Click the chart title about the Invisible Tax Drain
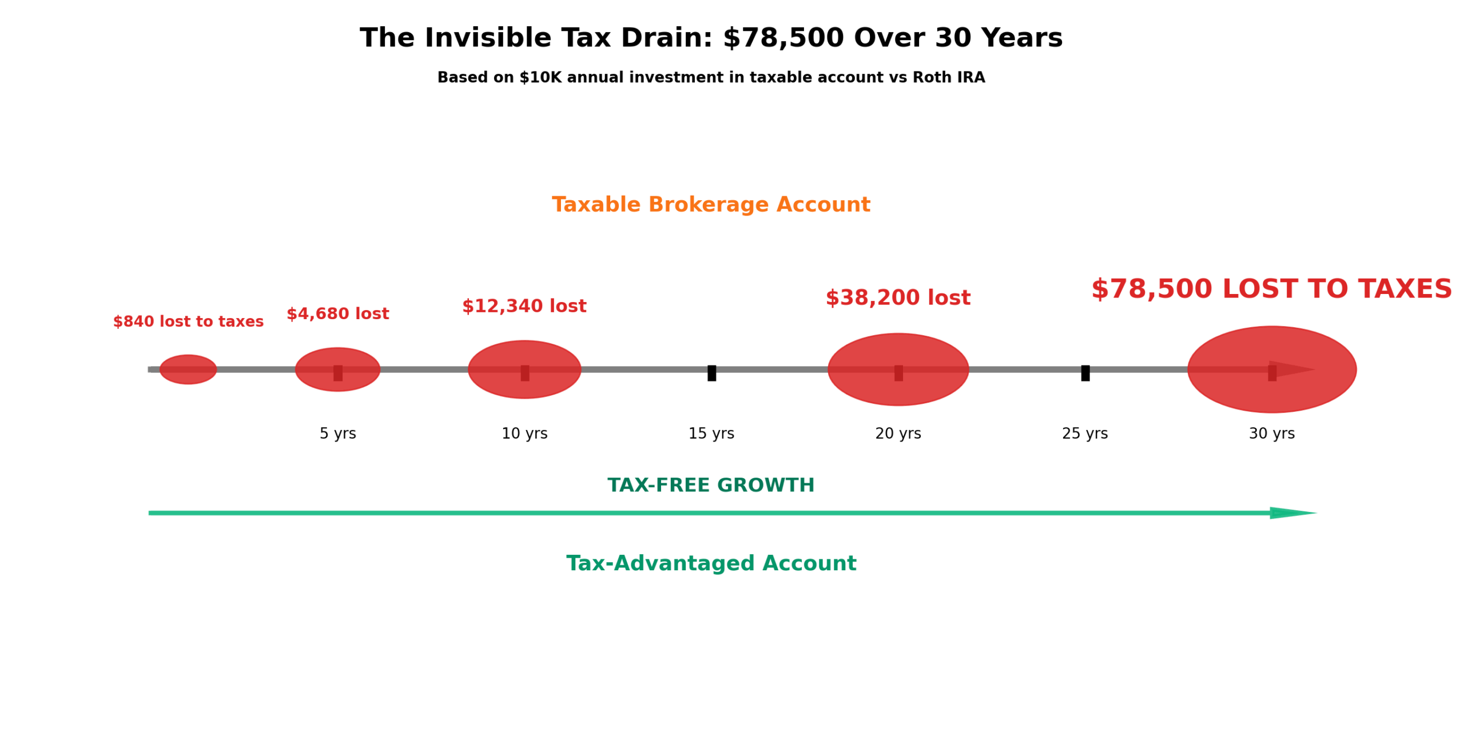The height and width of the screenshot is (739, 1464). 710,38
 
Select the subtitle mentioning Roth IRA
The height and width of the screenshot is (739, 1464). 710,77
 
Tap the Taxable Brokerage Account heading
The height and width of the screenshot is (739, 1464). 710,204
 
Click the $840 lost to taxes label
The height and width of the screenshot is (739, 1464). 188,321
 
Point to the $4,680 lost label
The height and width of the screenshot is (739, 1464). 337,313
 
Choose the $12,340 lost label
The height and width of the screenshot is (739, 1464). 524,306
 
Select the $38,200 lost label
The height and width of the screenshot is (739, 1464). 897,297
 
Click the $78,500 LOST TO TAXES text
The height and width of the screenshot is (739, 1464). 1271,289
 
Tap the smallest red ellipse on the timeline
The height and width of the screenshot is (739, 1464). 188,369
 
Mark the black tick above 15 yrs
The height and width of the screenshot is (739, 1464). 711,372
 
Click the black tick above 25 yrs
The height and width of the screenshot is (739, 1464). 1084,372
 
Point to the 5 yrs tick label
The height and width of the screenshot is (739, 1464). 337,433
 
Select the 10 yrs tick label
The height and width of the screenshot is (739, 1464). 524,433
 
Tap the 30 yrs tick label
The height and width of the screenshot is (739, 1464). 1271,433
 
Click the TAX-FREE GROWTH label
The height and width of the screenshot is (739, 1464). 710,485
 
